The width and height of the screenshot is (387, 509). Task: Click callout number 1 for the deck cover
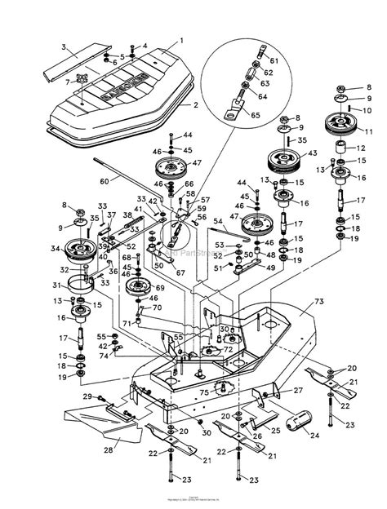pos(182,40)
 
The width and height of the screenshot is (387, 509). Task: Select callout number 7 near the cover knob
pos(67,82)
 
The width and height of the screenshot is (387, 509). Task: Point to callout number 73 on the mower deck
pos(317,301)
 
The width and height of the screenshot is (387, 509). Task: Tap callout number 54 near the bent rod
pos(218,221)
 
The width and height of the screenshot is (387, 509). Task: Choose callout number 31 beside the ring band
pos(57,285)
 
